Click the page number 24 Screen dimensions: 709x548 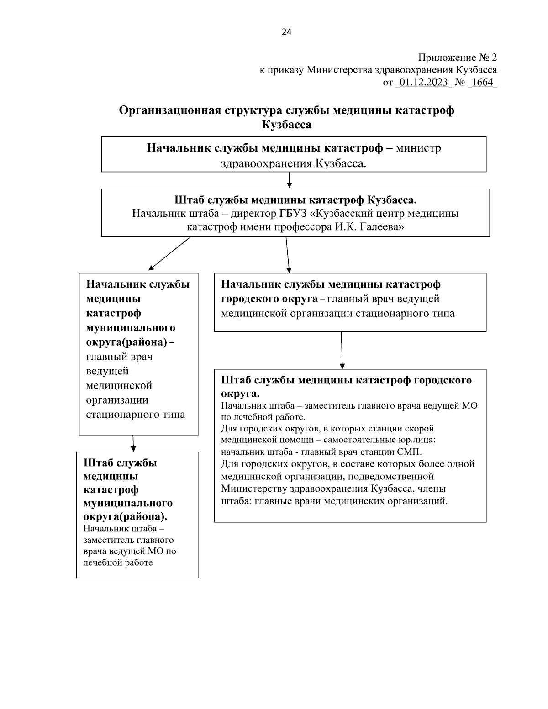coord(286,32)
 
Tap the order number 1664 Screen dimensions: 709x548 coord(482,83)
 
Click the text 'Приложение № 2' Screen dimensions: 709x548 coord(457,58)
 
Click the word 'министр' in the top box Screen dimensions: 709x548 coord(418,149)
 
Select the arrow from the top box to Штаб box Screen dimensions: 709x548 coord(289,180)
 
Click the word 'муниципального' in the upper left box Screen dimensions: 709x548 coord(131,328)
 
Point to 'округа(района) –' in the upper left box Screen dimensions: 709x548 coord(130,342)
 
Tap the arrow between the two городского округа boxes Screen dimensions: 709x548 coord(342,350)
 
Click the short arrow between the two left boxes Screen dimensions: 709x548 coord(133,443)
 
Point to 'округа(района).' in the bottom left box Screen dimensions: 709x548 coord(125,517)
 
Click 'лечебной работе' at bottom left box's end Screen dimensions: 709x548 coord(118,562)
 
